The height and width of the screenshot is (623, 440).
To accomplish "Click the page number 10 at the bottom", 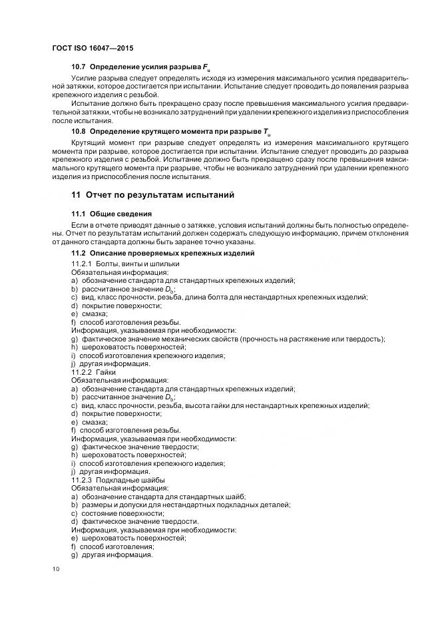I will [56, 569].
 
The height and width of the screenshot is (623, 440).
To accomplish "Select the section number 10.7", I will [79, 68].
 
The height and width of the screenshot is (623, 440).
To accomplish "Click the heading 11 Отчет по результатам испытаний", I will [152, 195].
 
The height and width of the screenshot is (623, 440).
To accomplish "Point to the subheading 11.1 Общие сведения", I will [111, 214].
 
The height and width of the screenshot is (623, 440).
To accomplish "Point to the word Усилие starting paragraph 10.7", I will [84, 79].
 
